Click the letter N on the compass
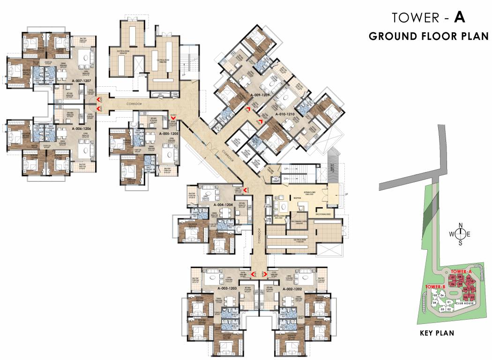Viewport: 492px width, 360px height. point(461,224)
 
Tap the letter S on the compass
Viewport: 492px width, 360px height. point(461,243)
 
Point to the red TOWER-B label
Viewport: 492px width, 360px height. point(435,286)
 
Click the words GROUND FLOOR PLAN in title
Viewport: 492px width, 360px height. point(428,37)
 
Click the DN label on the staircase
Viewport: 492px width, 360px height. point(286,178)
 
